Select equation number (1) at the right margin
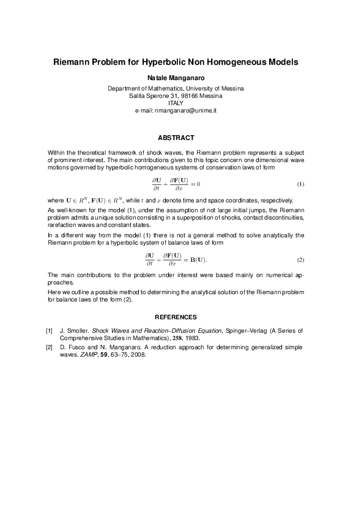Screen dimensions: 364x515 [300, 184]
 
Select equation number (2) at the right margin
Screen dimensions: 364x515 [300, 260]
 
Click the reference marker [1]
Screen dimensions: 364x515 [50, 330]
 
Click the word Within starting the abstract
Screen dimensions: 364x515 [57, 151]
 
